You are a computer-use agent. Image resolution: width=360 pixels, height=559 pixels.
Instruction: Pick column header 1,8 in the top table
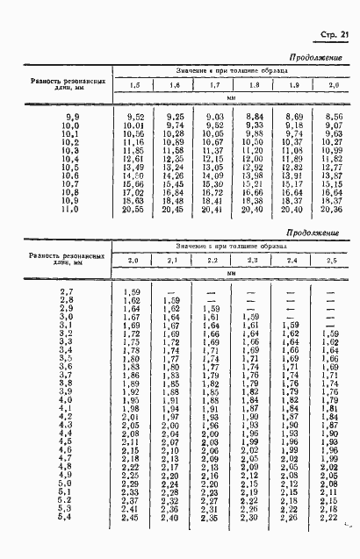[254, 85]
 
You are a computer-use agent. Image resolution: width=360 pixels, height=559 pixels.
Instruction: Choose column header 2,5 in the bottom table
[329, 262]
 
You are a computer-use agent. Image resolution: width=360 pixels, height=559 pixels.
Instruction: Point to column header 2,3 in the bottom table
[252, 262]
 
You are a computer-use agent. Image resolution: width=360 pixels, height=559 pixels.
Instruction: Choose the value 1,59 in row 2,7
[132, 290]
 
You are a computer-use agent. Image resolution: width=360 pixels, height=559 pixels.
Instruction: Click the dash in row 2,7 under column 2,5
[329, 290]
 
